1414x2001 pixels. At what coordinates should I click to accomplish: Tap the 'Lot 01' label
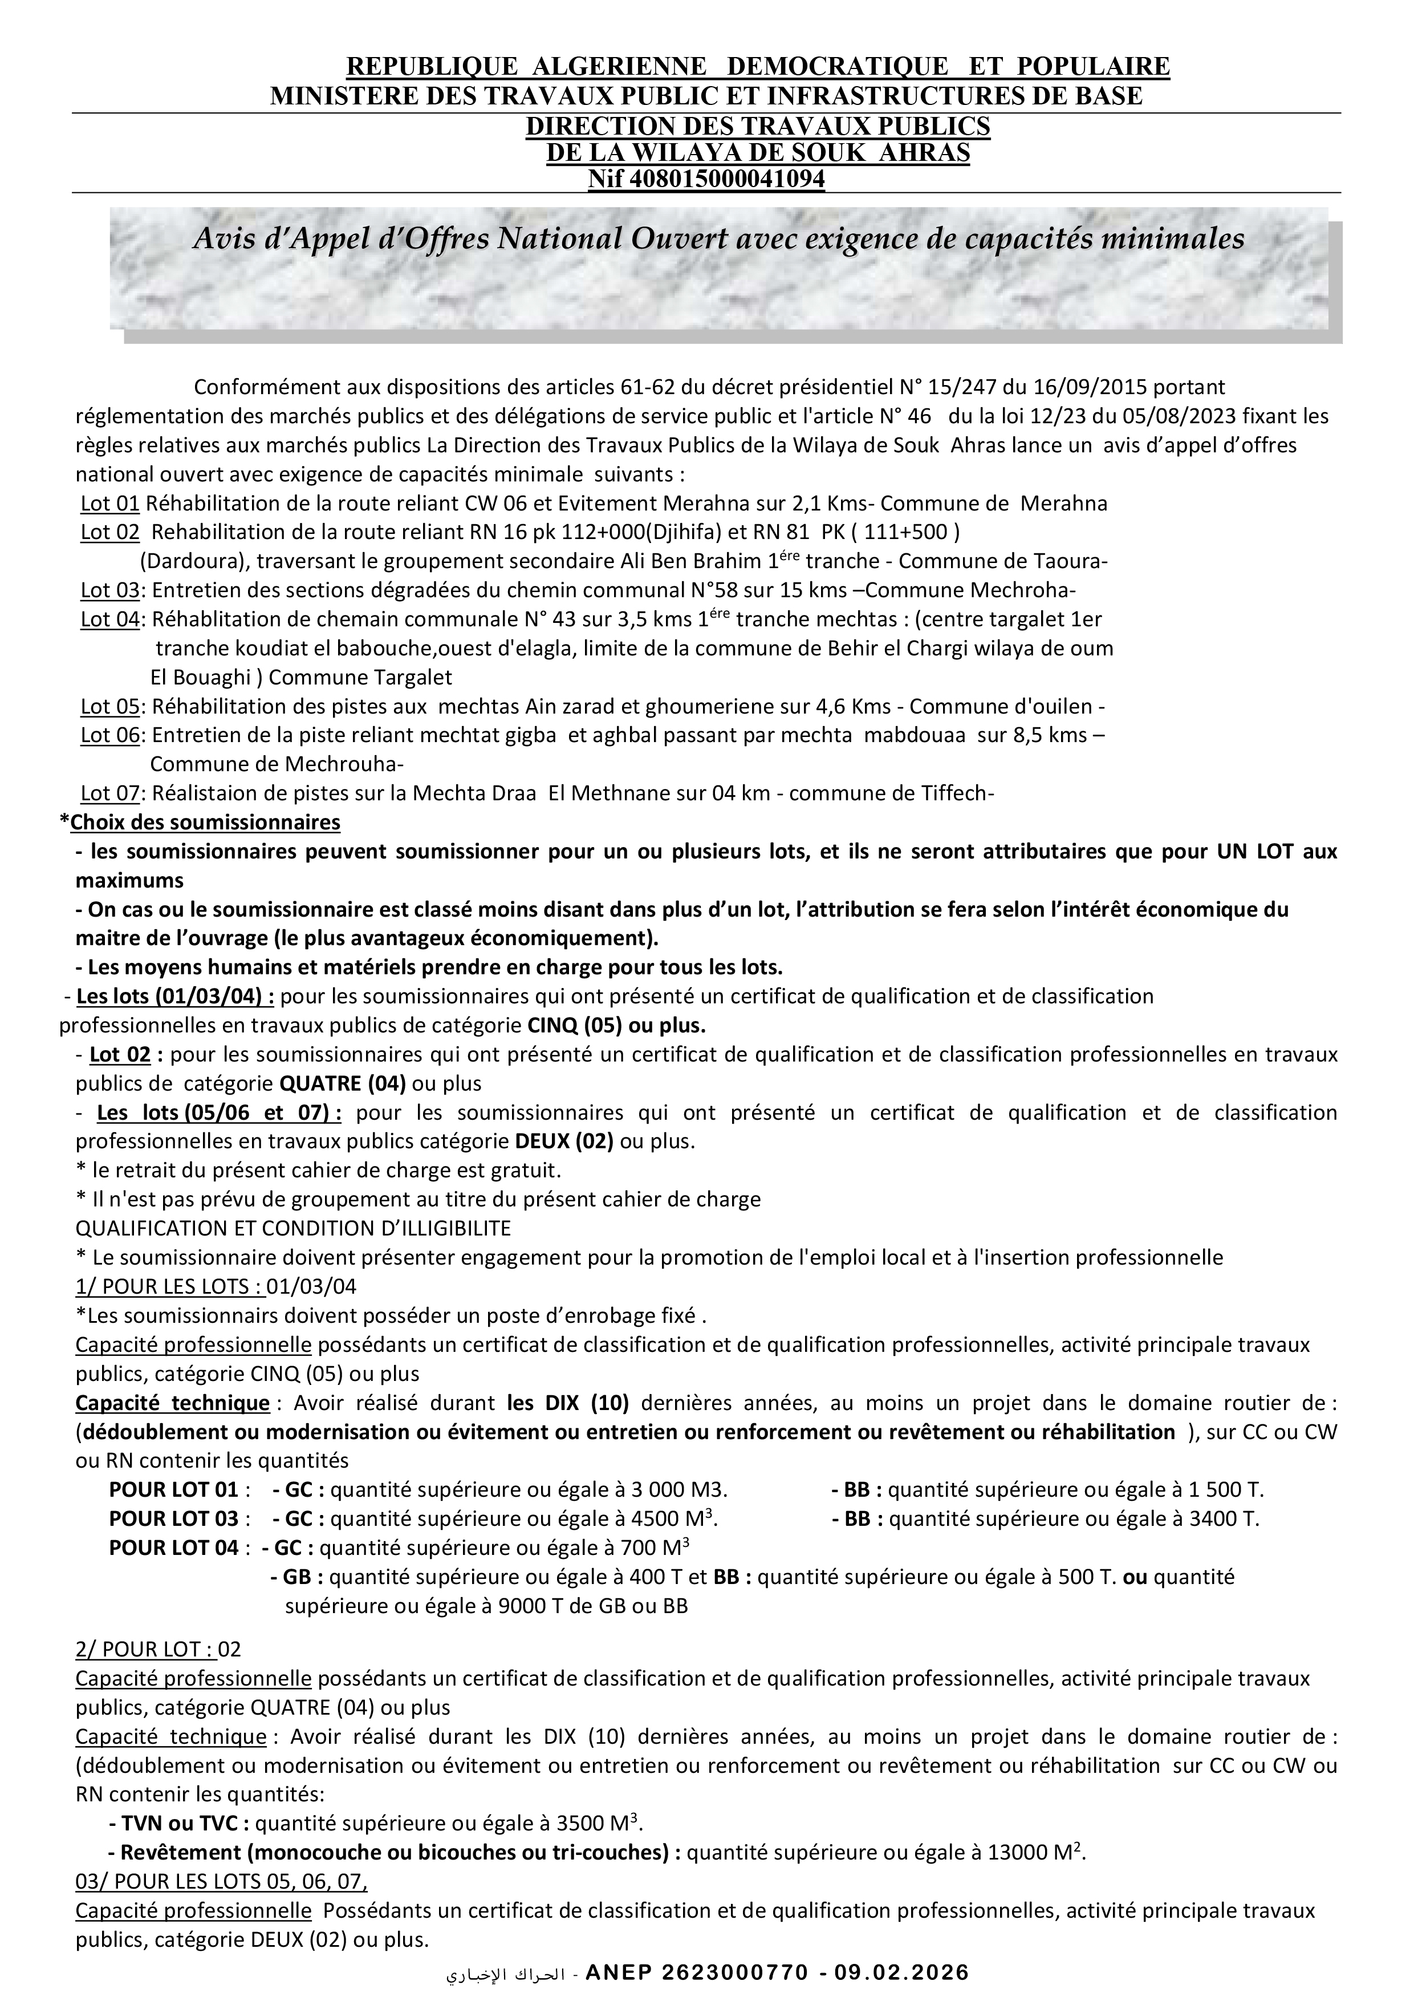(110, 504)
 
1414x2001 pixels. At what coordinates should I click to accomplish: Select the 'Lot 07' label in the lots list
(110, 793)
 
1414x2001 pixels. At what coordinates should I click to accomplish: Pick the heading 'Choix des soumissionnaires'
(205, 823)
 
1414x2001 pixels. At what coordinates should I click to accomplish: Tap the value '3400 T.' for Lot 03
(1224, 1519)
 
